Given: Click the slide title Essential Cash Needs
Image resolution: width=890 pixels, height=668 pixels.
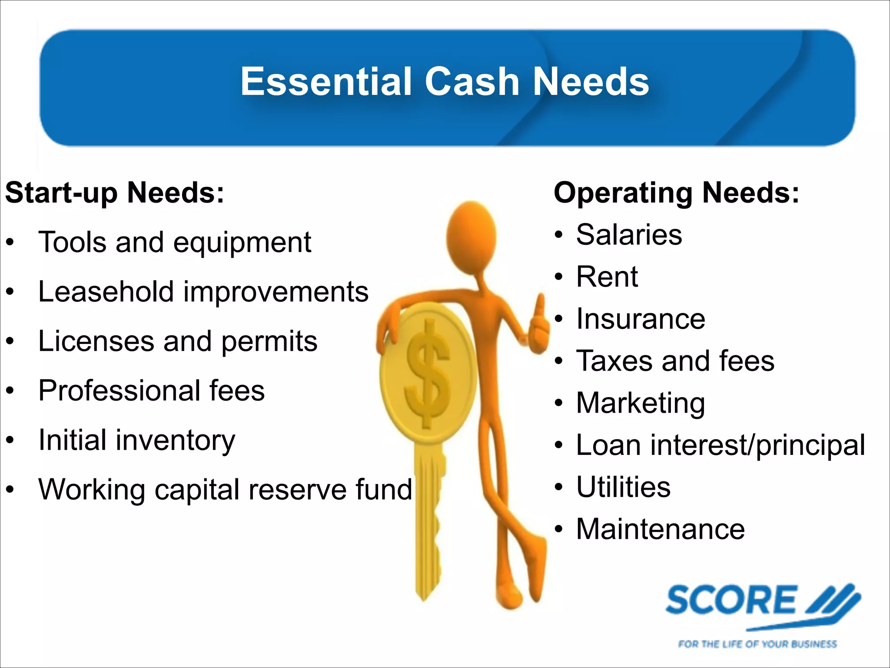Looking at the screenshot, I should [445, 82].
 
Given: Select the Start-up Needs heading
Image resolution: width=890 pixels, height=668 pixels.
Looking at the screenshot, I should [114, 193].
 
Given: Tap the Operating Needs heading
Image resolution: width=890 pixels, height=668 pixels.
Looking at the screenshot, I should [676, 193].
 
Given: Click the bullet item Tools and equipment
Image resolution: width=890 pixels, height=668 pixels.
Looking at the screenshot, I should [175, 242].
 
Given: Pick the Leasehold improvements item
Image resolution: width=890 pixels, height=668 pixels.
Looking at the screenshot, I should [203, 292].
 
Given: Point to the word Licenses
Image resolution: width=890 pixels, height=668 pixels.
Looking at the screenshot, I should [96, 341].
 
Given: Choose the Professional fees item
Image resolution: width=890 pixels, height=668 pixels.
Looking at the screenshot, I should [151, 391].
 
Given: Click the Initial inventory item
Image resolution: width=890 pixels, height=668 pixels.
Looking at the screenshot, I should [136, 440].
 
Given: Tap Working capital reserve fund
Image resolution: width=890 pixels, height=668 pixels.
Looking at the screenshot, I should [225, 490].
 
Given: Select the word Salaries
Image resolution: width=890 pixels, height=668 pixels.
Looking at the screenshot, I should [629, 235].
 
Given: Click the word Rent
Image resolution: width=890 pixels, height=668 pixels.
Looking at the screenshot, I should [607, 277].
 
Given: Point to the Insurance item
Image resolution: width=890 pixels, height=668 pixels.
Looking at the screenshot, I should [640, 319].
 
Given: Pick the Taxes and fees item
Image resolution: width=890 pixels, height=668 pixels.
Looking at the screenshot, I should [675, 361].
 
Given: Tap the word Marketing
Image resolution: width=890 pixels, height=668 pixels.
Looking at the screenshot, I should [640, 403].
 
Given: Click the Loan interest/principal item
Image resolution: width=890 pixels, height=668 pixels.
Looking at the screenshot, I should [720, 445].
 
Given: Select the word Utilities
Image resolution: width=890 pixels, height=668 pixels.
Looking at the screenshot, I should [623, 487].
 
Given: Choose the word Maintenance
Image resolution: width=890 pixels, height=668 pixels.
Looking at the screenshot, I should [660, 529].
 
